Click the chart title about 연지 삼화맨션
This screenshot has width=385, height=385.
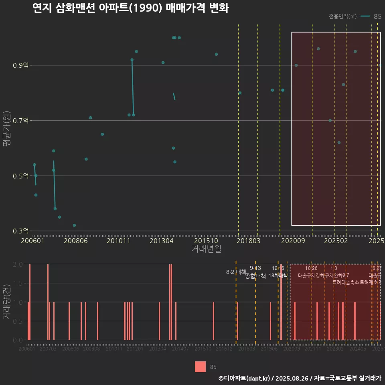(x=131, y=8)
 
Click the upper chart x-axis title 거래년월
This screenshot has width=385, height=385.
(x=206, y=249)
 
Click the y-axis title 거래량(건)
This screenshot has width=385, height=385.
(x=6, y=302)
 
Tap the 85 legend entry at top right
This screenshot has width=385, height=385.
(x=377, y=16)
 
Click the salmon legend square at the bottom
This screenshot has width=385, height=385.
(x=200, y=367)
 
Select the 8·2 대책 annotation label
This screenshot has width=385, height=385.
(x=236, y=272)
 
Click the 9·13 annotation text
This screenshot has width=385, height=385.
(x=255, y=268)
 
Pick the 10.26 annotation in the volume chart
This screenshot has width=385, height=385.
(x=311, y=268)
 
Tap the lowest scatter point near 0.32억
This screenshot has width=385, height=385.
(x=74, y=225)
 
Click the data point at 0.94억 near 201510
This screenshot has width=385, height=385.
(x=216, y=54)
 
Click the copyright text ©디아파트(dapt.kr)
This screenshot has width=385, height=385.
(x=244, y=378)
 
